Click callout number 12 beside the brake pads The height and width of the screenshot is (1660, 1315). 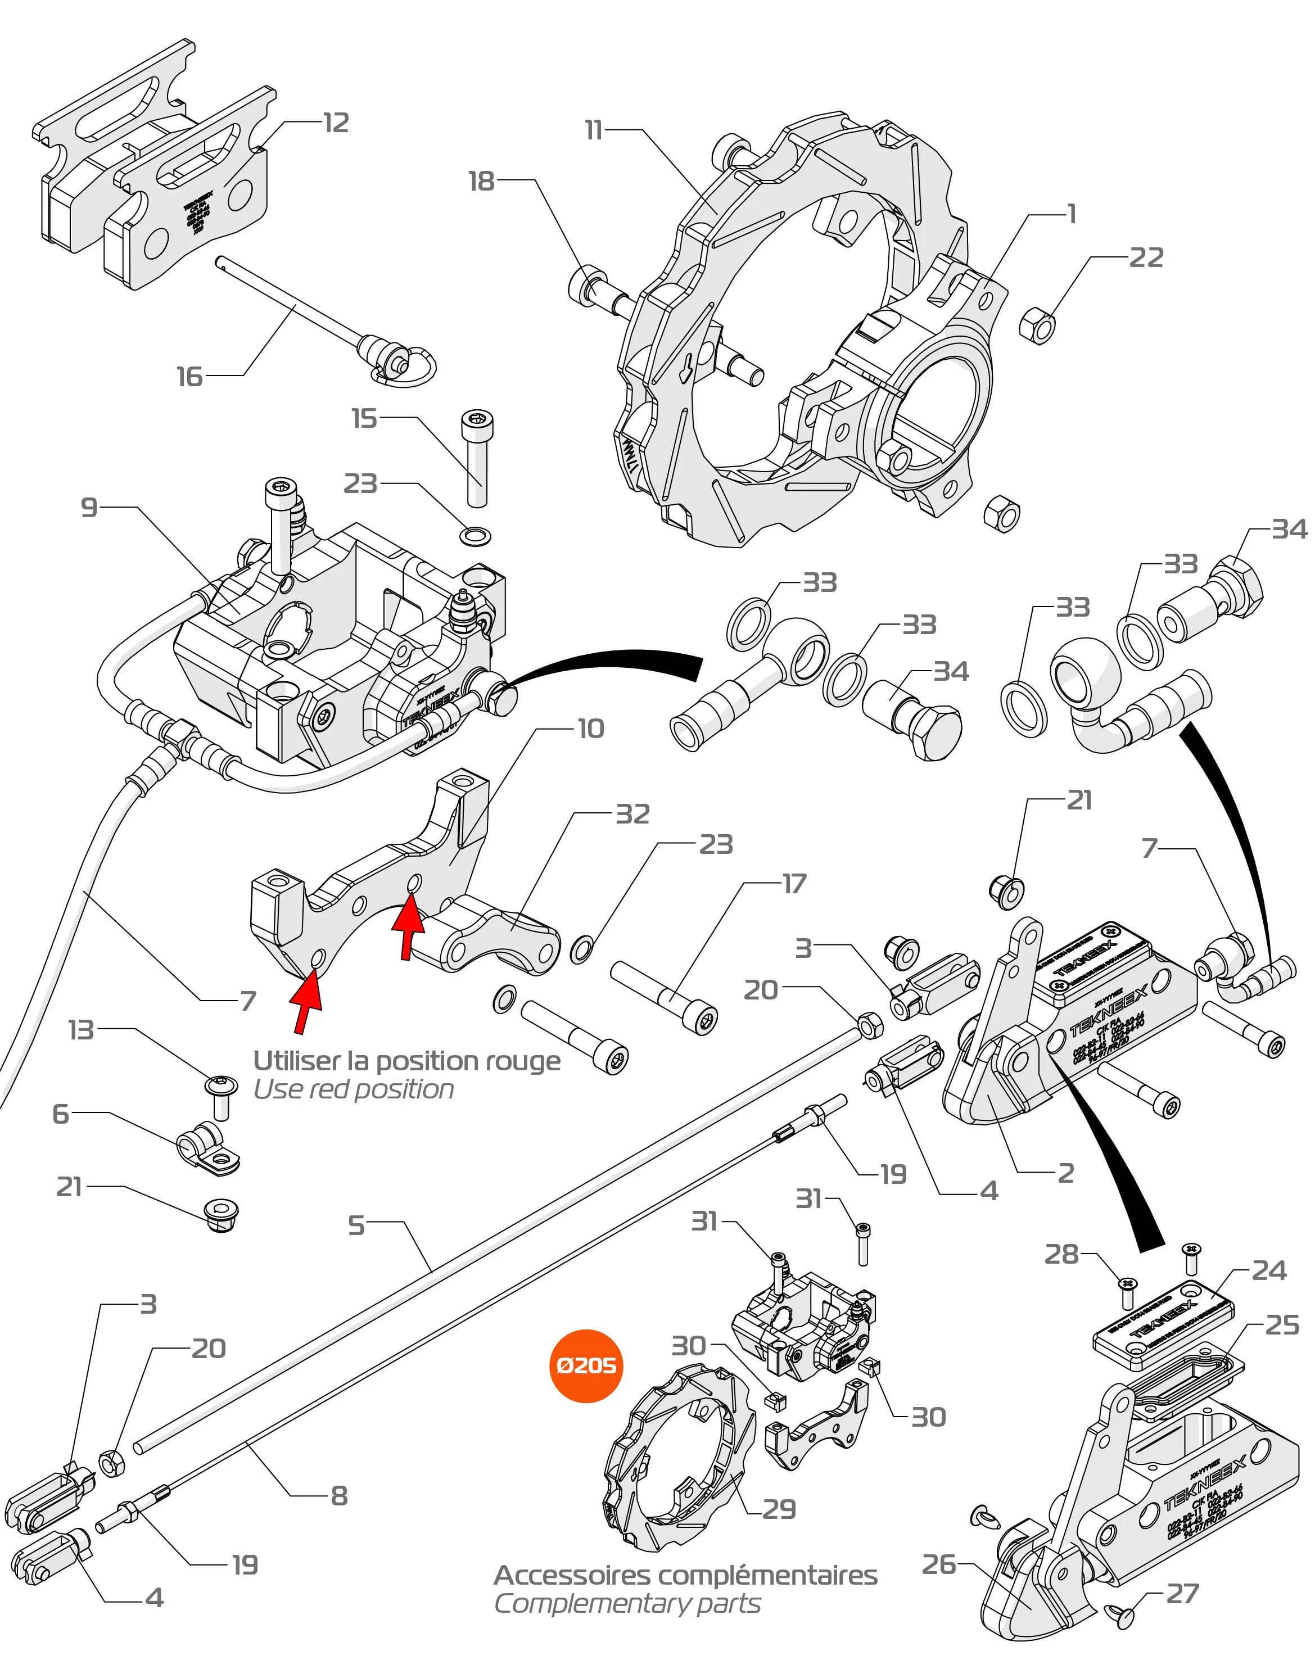point(336,123)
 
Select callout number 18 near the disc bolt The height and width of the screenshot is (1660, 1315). point(481,181)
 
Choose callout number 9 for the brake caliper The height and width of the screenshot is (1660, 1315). point(89,508)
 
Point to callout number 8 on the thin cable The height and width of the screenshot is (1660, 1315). point(339,1495)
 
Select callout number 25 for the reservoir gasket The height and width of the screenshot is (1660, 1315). point(1282,1324)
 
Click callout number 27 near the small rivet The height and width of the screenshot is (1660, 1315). point(1182,1593)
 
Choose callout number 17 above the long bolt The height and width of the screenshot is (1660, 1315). point(794,883)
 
